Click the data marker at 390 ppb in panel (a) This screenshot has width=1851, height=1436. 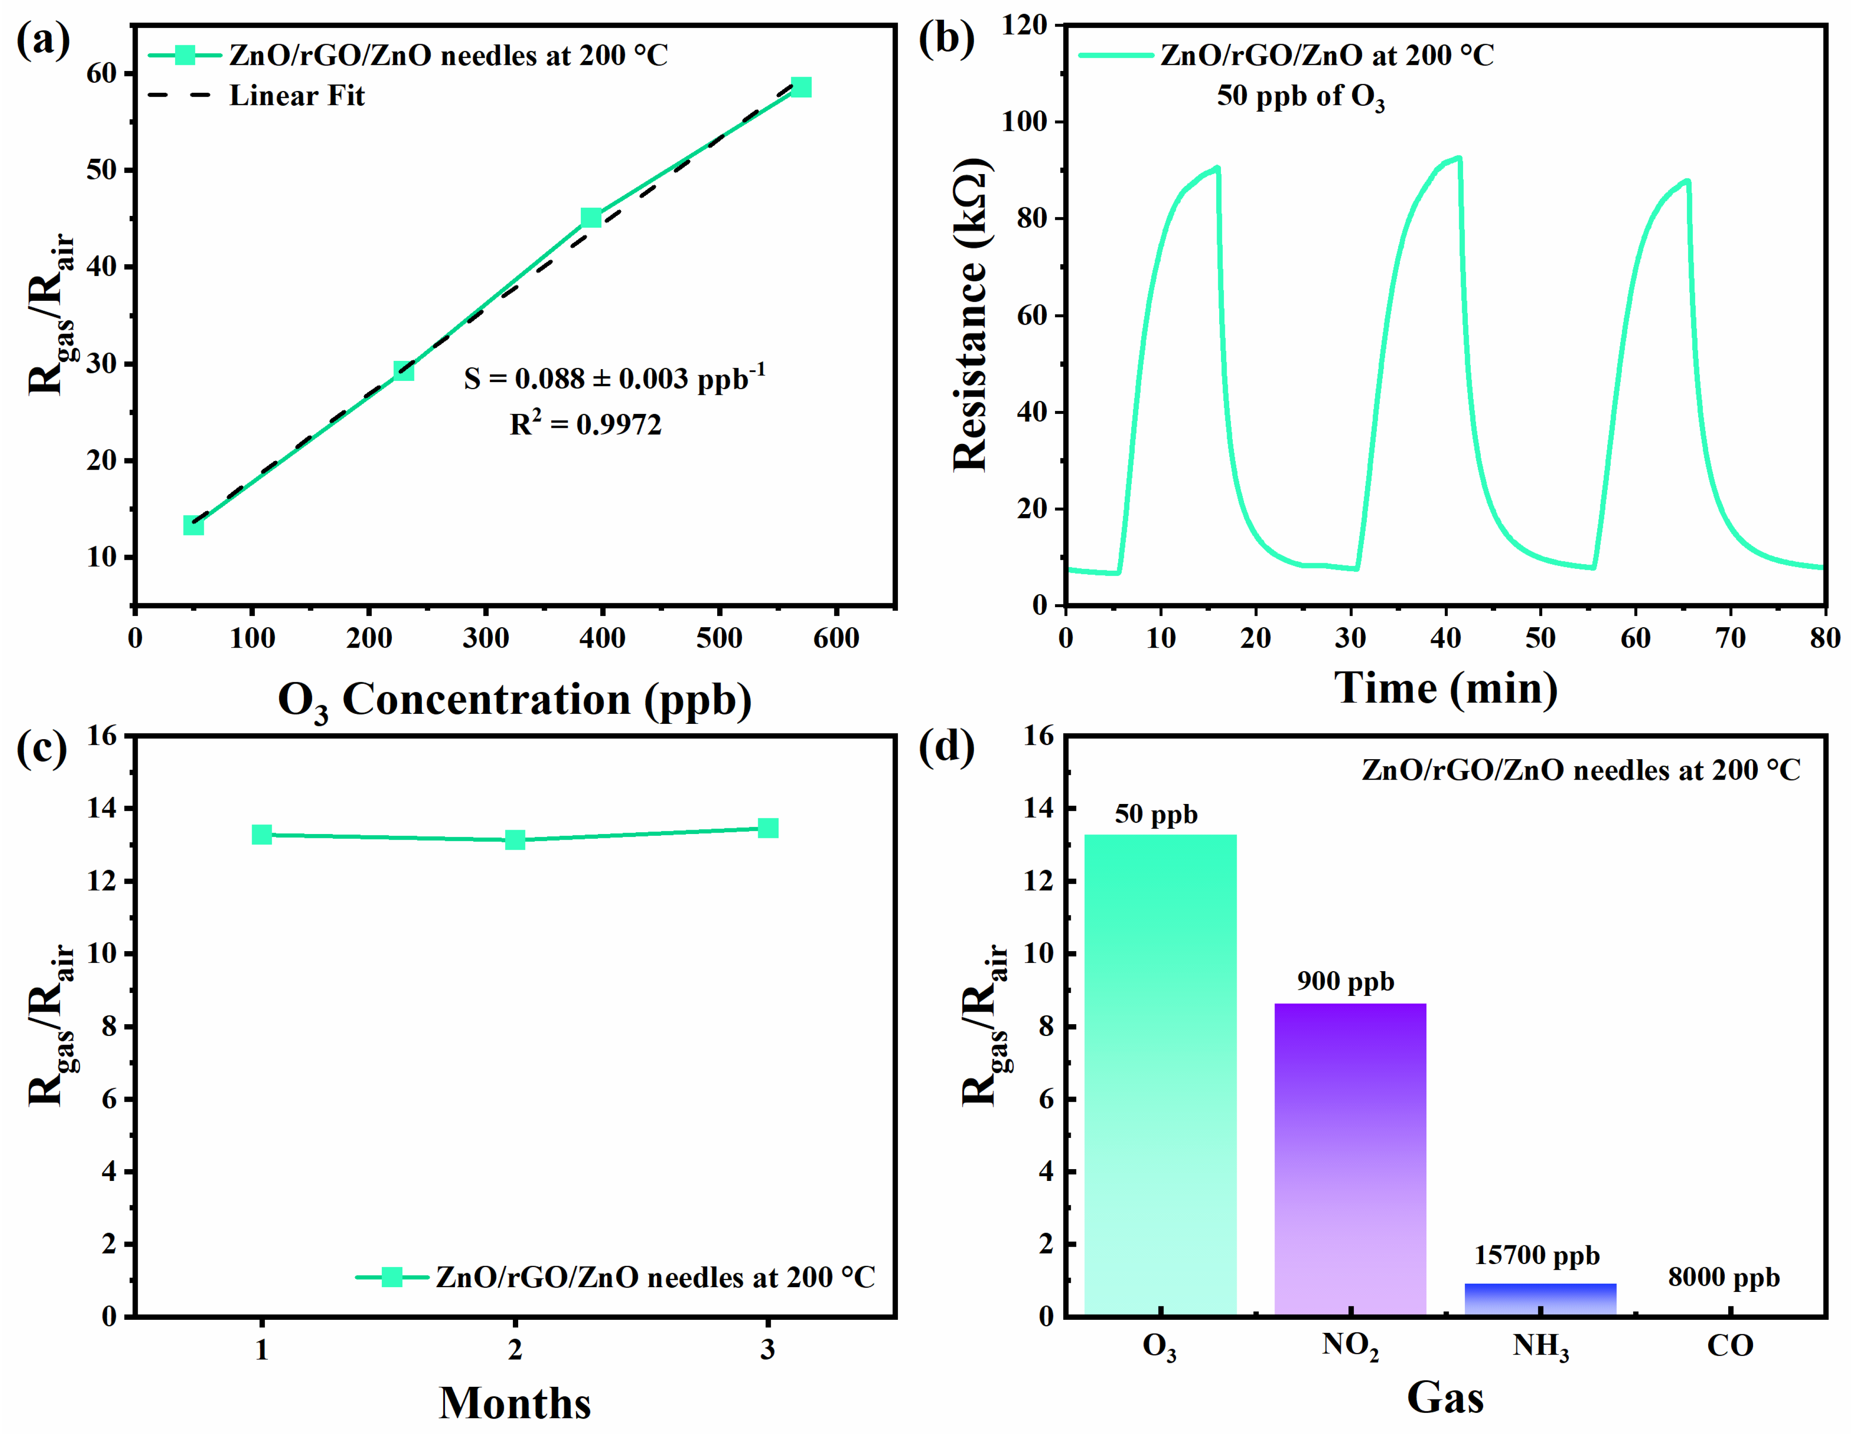pos(591,218)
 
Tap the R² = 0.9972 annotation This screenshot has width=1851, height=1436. pos(585,424)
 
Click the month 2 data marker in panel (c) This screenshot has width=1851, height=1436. pos(514,840)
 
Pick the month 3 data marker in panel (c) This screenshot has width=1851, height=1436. pos(768,828)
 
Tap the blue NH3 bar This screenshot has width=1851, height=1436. pos(1540,1299)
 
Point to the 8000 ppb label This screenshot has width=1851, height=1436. pos(1724,1278)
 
